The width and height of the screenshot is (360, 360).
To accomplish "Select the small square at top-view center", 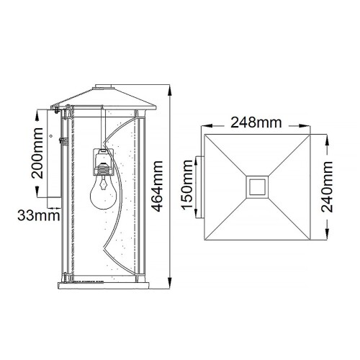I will [256, 186].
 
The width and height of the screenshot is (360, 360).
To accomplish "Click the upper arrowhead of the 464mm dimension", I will [170, 90].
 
